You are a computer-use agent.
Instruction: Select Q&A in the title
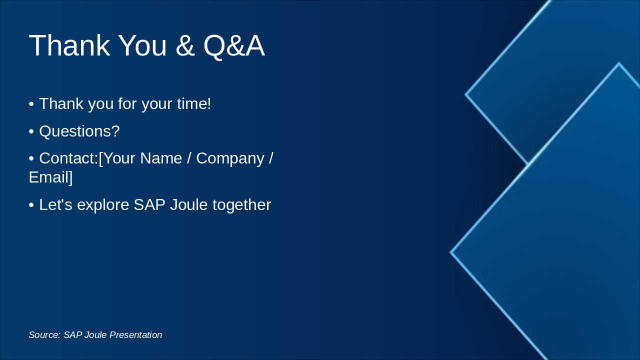pyautogui.click(x=233, y=46)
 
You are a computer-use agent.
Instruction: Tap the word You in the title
pyautogui.click(x=142, y=46)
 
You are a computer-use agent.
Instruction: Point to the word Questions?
pyautogui.click(x=79, y=131)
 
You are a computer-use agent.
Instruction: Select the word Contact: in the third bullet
pyautogui.click(x=68, y=158)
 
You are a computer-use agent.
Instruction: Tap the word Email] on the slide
pyautogui.click(x=50, y=177)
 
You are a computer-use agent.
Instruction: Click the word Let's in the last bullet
pyautogui.click(x=55, y=205)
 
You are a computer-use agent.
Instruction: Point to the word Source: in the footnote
pyautogui.click(x=44, y=335)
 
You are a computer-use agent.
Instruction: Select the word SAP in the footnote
pyautogui.click(x=72, y=335)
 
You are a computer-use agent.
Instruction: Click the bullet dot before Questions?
pyautogui.click(x=31, y=131)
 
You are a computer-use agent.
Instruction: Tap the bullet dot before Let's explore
pyautogui.click(x=31, y=205)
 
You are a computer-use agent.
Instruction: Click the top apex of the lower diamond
pyautogui.click(x=618, y=63)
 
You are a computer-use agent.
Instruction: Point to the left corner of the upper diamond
pyautogui.click(x=466, y=94)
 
